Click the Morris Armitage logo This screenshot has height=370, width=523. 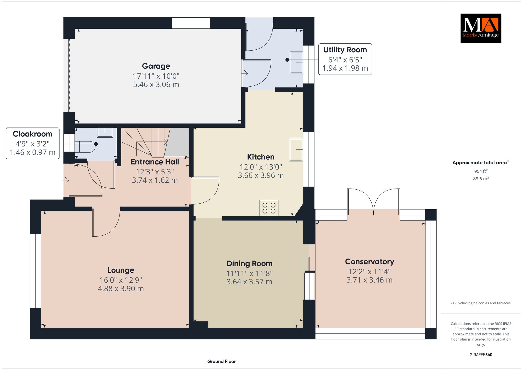coord(481,28)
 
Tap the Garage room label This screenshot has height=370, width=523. coord(156,66)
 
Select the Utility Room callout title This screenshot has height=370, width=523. coord(345,50)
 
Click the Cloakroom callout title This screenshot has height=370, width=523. coord(32,134)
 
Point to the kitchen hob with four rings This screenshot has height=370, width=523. coord(269,208)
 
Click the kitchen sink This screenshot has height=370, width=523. coord(296,149)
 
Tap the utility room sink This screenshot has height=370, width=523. coord(296,62)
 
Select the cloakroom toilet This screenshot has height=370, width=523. coord(85,147)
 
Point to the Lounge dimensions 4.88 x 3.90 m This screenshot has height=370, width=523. coord(121,289)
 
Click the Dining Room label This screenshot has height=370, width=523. coord(249,263)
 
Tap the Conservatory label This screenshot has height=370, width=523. coord(370,262)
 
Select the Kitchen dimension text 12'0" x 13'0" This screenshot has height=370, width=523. coord(261,167)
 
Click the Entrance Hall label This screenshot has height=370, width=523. coord(155,162)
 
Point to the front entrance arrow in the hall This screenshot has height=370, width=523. coord(66,180)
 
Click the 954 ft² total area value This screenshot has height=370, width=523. coord(481,171)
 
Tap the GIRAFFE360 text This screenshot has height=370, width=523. coord(481,355)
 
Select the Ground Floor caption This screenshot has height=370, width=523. coord(221,361)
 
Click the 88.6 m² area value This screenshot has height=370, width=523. coord(481,179)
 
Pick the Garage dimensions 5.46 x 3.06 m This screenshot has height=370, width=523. coord(156,85)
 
